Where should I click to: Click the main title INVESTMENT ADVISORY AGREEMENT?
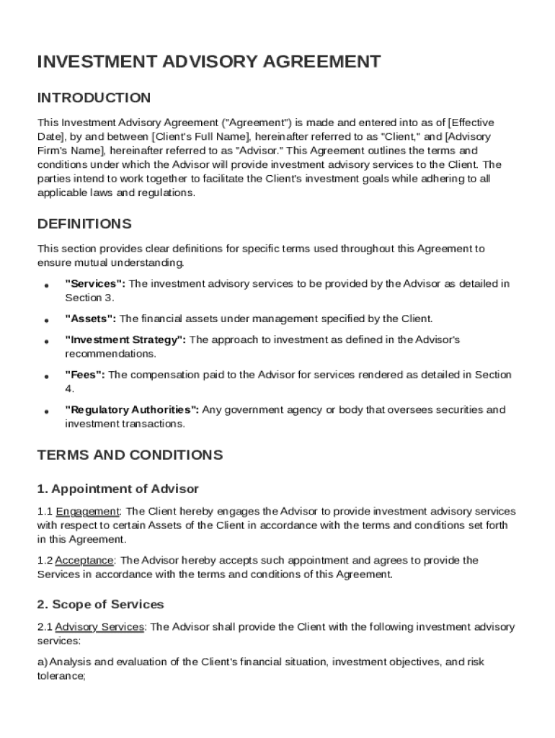209,62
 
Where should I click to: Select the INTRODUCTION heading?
94,98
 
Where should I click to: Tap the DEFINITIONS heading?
84,223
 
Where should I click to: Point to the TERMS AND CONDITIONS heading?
130,455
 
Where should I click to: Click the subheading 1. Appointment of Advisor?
117,489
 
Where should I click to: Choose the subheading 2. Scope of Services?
100,604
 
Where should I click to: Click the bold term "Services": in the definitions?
95,284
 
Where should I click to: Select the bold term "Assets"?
90,319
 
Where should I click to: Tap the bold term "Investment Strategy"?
125,339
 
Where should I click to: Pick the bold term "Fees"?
85,375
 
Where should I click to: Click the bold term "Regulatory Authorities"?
132,410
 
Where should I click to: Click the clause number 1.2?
45,561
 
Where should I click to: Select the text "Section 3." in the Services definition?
89,298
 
